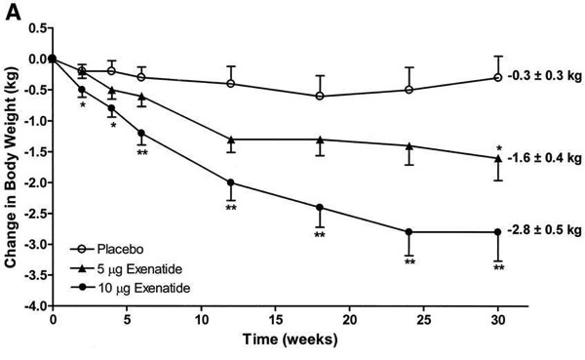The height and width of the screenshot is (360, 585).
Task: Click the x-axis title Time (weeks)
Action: pyautogui.click(x=275, y=346)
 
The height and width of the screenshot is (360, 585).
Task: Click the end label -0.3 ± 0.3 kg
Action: pyautogui.click(x=544, y=77)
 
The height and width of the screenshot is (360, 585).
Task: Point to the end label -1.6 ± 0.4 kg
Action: pyautogui.click(x=544, y=158)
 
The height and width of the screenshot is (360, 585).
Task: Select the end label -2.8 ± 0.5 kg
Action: pyautogui.click(x=544, y=231)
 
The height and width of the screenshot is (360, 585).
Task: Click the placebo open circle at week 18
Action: pyautogui.click(x=320, y=96)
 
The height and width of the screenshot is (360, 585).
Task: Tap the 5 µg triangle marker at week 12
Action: pyautogui.click(x=230, y=139)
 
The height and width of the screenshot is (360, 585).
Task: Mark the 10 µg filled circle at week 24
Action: pyautogui.click(x=409, y=231)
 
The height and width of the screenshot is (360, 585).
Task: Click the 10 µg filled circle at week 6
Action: pyautogui.click(x=141, y=133)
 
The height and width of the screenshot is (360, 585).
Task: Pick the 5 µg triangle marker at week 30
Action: pyautogui.click(x=498, y=158)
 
